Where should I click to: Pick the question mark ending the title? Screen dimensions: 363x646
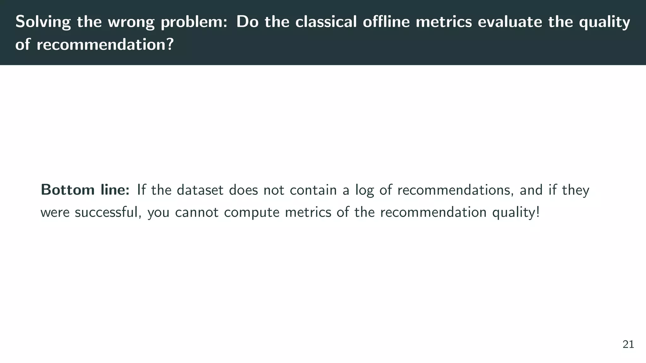[x=170, y=44]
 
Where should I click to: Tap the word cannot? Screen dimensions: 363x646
[x=197, y=212]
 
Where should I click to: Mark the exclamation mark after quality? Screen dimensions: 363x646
[x=537, y=212]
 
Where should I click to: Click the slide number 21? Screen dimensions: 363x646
[x=628, y=345]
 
